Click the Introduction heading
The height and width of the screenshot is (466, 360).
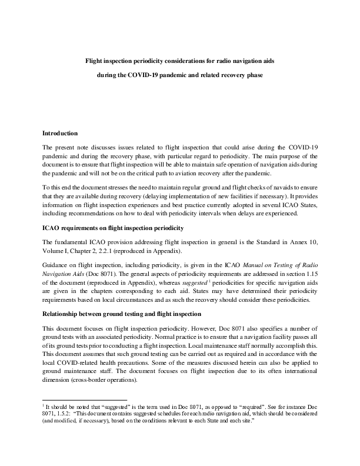64,133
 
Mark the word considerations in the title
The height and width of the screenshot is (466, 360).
173,61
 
